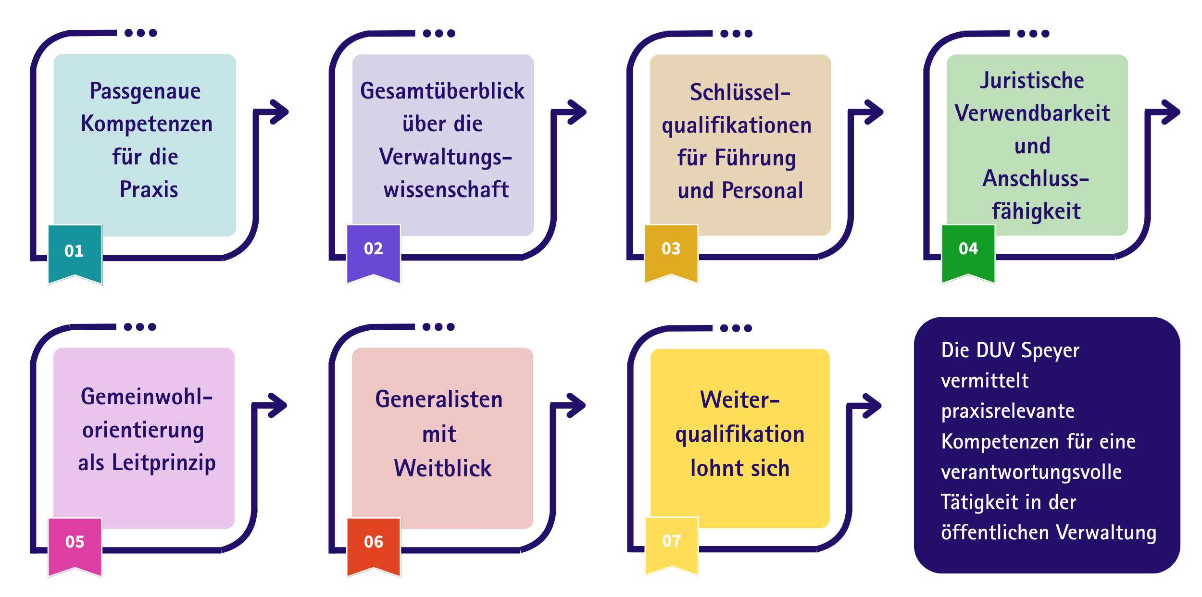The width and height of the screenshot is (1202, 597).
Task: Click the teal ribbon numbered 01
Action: [x=75, y=254]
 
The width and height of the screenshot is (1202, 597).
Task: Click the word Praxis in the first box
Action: [x=149, y=189]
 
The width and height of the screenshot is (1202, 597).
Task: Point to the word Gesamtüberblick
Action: [x=442, y=91]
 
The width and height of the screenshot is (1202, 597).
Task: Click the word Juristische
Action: [x=1032, y=80]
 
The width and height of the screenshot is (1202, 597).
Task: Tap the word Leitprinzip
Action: [x=164, y=463]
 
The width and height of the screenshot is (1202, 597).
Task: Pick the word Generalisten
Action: [x=439, y=399]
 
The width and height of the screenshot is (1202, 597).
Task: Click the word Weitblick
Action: [x=443, y=468]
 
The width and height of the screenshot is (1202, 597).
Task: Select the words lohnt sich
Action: [x=740, y=468]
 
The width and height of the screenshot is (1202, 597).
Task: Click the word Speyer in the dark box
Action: [x=1051, y=351]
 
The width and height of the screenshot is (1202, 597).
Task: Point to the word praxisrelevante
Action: [x=1008, y=411]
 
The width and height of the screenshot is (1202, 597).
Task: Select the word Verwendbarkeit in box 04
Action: [x=1032, y=113]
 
